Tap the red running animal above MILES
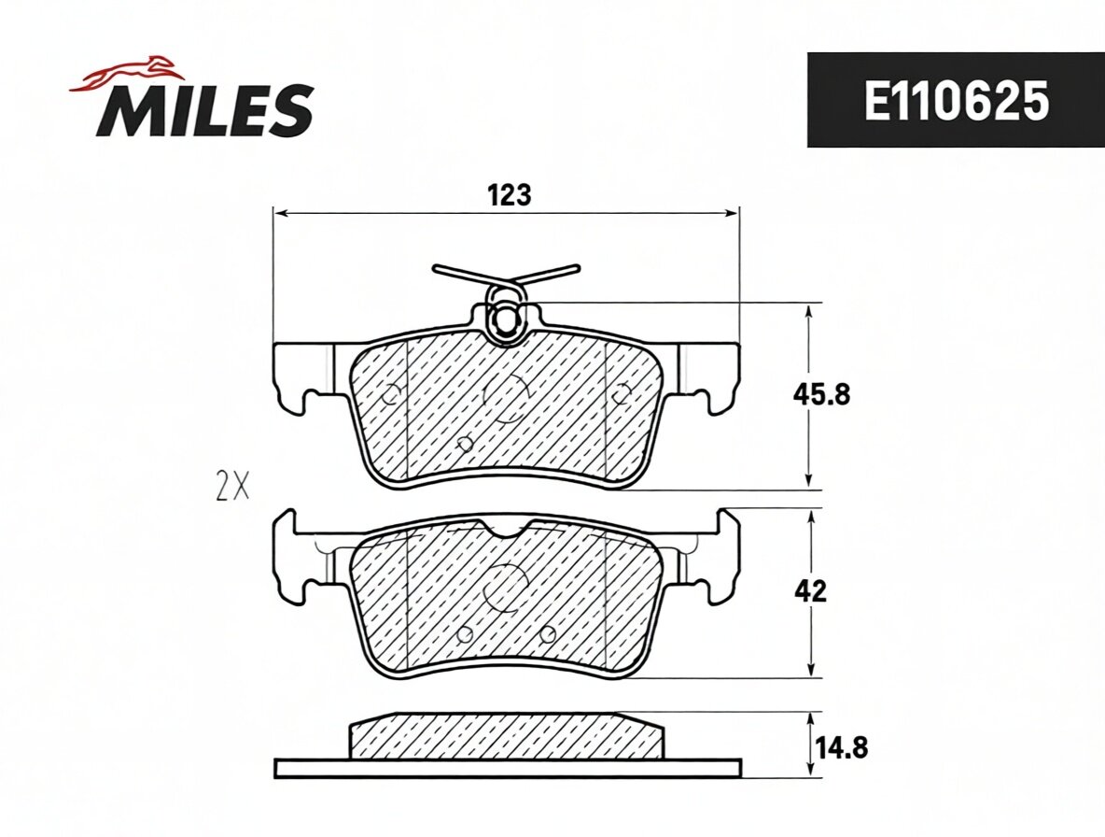(127, 74)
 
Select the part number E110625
(957, 101)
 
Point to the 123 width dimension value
(510, 194)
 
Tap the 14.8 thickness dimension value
(842, 746)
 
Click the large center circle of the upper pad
(506, 397)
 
